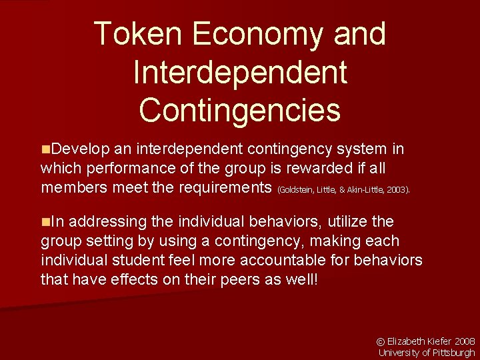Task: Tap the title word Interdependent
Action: click(240, 71)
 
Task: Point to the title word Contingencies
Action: click(240, 109)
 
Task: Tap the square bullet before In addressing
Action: click(45, 221)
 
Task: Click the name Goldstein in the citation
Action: click(296, 190)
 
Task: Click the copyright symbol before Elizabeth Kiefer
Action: click(382, 339)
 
